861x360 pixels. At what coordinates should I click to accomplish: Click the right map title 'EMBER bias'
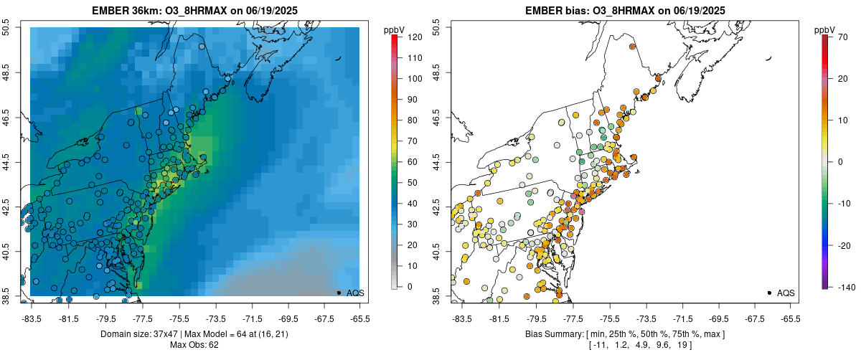pyautogui.click(x=552, y=11)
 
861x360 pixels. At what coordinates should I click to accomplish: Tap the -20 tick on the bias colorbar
pyautogui.click(x=844, y=245)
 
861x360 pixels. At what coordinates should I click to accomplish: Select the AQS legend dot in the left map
pyautogui.click(x=339, y=293)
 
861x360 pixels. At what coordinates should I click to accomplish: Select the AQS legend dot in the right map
pyautogui.click(x=769, y=293)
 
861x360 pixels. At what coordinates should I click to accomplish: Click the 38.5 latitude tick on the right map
pyautogui.click(x=439, y=295)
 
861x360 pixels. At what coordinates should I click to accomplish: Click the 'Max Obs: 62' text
pyautogui.click(x=194, y=345)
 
